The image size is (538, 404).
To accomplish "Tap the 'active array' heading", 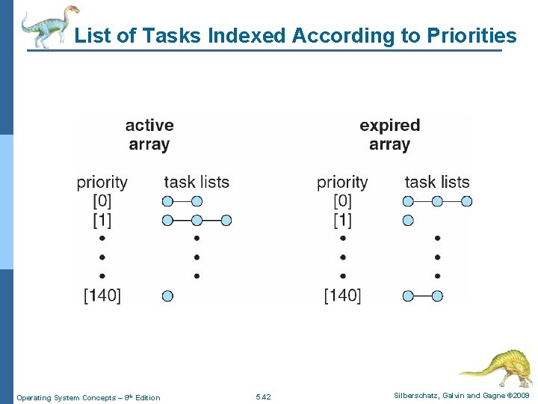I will (x=149, y=135).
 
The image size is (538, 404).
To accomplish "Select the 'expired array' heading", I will (x=389, y=135).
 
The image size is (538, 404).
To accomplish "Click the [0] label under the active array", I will (x=102, y=201).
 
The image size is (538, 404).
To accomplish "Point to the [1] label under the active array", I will (x=102, y=220).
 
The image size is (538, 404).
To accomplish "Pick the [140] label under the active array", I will (x=102, y=296).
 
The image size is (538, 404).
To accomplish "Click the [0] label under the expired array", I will (x=342, y=201).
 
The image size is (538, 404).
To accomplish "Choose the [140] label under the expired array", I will (x=342, y=296).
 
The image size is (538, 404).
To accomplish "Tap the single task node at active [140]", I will (x=167, y=296).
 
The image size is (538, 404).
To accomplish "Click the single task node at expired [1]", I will (x=408, y=220).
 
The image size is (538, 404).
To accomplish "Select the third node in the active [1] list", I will (x=226, y=220).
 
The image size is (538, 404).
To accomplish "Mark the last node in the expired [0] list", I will (x=466, y=201).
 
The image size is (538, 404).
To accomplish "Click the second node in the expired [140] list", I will (x=437, y=296).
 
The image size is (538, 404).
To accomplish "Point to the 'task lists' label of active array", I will (x=197, y=182).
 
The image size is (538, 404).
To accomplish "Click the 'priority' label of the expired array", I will (x=342, y=182).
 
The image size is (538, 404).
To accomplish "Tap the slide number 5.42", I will (x=263, y=397).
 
